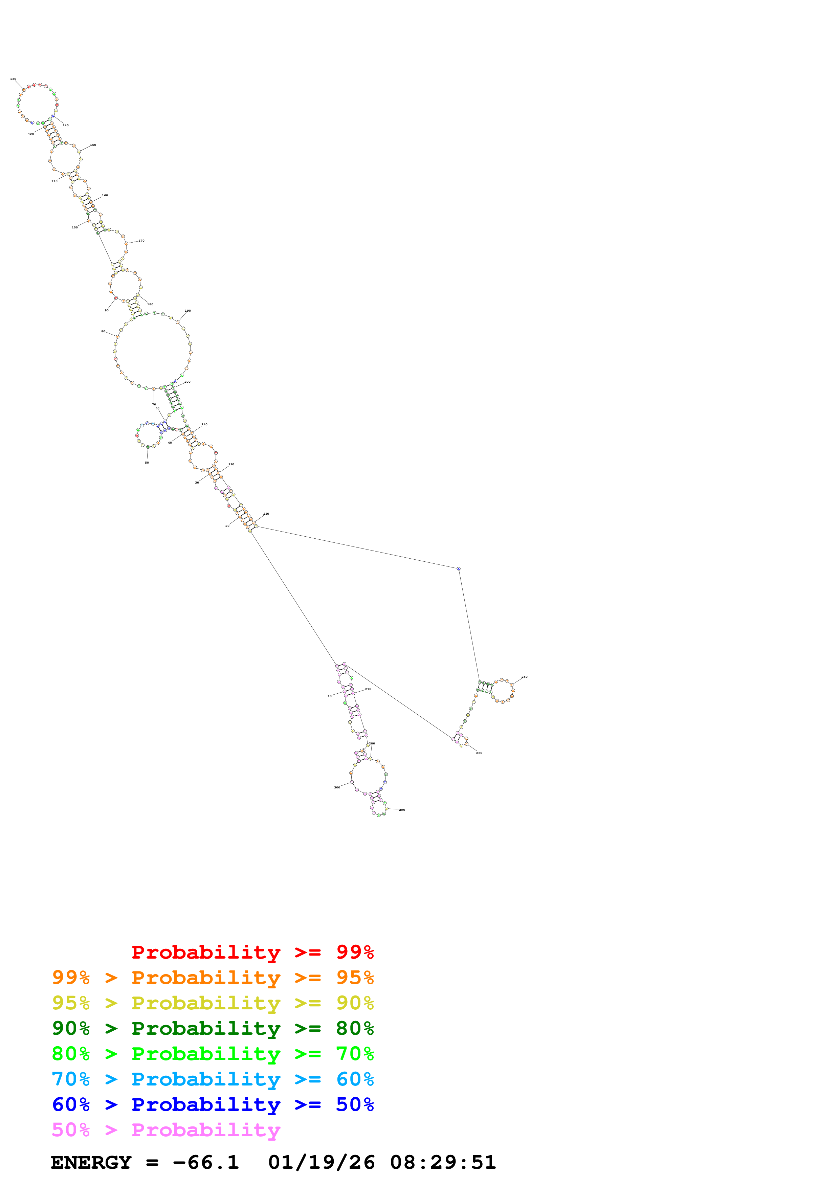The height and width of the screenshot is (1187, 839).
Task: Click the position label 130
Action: click(13, 79)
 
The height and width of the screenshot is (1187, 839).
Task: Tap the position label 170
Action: click(141, 240)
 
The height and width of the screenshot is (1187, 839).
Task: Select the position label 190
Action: click(187, 311)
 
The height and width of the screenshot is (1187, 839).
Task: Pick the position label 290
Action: click(402, 810)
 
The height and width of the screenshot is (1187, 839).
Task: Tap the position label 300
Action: click(337, 787)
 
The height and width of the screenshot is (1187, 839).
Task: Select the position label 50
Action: click(147, 462)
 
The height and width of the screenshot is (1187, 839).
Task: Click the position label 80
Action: click(103, 331)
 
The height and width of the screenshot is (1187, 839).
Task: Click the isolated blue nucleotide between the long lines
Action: click(459, 569)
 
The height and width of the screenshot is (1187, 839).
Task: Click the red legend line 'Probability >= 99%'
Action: click(252, 952)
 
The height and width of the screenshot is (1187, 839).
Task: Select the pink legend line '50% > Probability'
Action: click(165, 1130)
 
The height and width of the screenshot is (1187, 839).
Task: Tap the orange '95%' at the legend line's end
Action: click(355, 978)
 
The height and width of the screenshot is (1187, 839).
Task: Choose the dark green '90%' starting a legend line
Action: click(71, 1028)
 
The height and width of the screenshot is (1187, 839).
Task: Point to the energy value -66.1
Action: click(206, 1162)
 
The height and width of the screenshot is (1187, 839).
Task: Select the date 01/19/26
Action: click(321, 1162)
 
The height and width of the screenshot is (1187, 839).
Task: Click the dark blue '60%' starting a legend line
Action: click(71, 1105)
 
